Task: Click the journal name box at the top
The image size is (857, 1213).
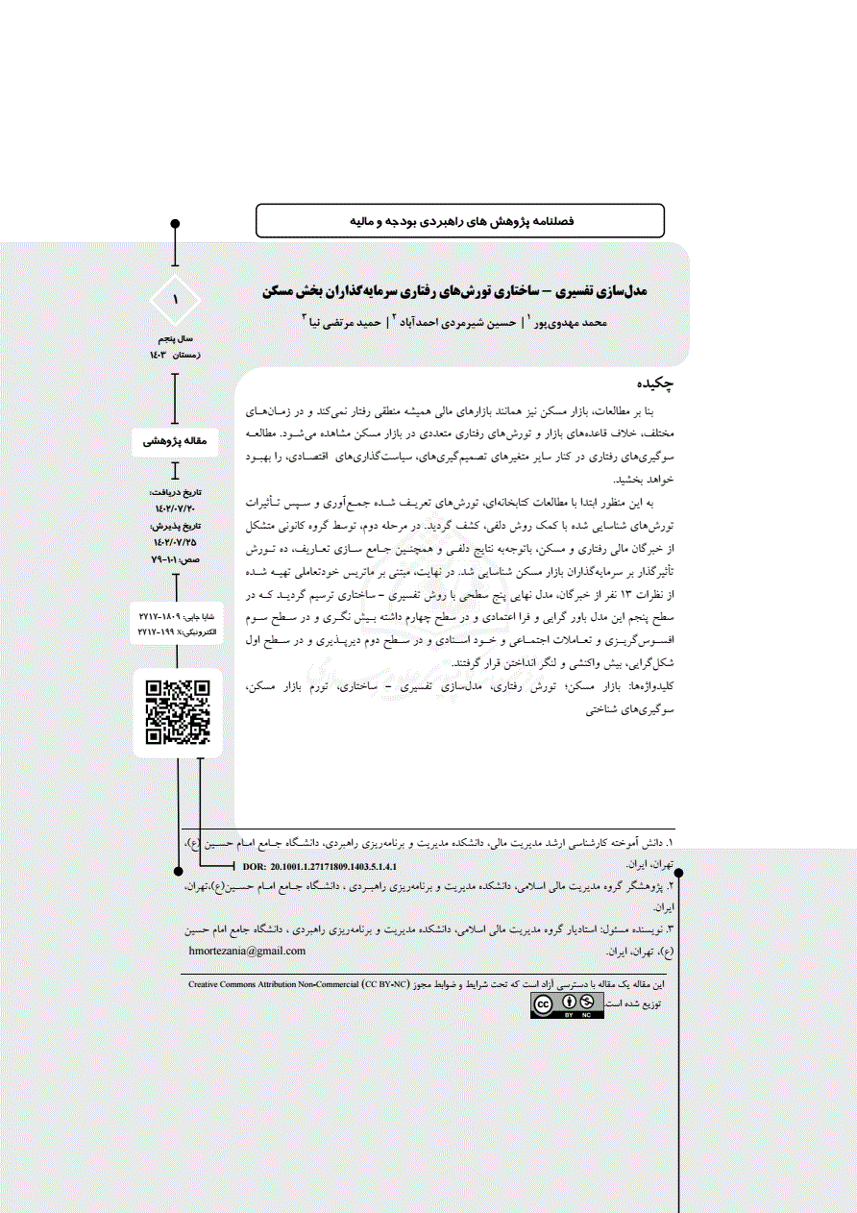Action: [460, 221]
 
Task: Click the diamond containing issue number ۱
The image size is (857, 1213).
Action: [175, 301]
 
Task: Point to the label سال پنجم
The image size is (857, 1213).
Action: [174, 340]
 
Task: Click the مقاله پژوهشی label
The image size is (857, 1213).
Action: [174, 441]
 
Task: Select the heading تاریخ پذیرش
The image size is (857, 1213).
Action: [175, 527]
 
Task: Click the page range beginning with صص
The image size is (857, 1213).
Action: [174, 559]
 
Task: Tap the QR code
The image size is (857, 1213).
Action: [177, 712]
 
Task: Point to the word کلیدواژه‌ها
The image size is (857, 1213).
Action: [651, 688]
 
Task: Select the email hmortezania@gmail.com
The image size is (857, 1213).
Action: [248, 951]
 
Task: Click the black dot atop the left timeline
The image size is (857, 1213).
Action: [175, 224]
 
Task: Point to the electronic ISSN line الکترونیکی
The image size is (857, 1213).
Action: [177, 634]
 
